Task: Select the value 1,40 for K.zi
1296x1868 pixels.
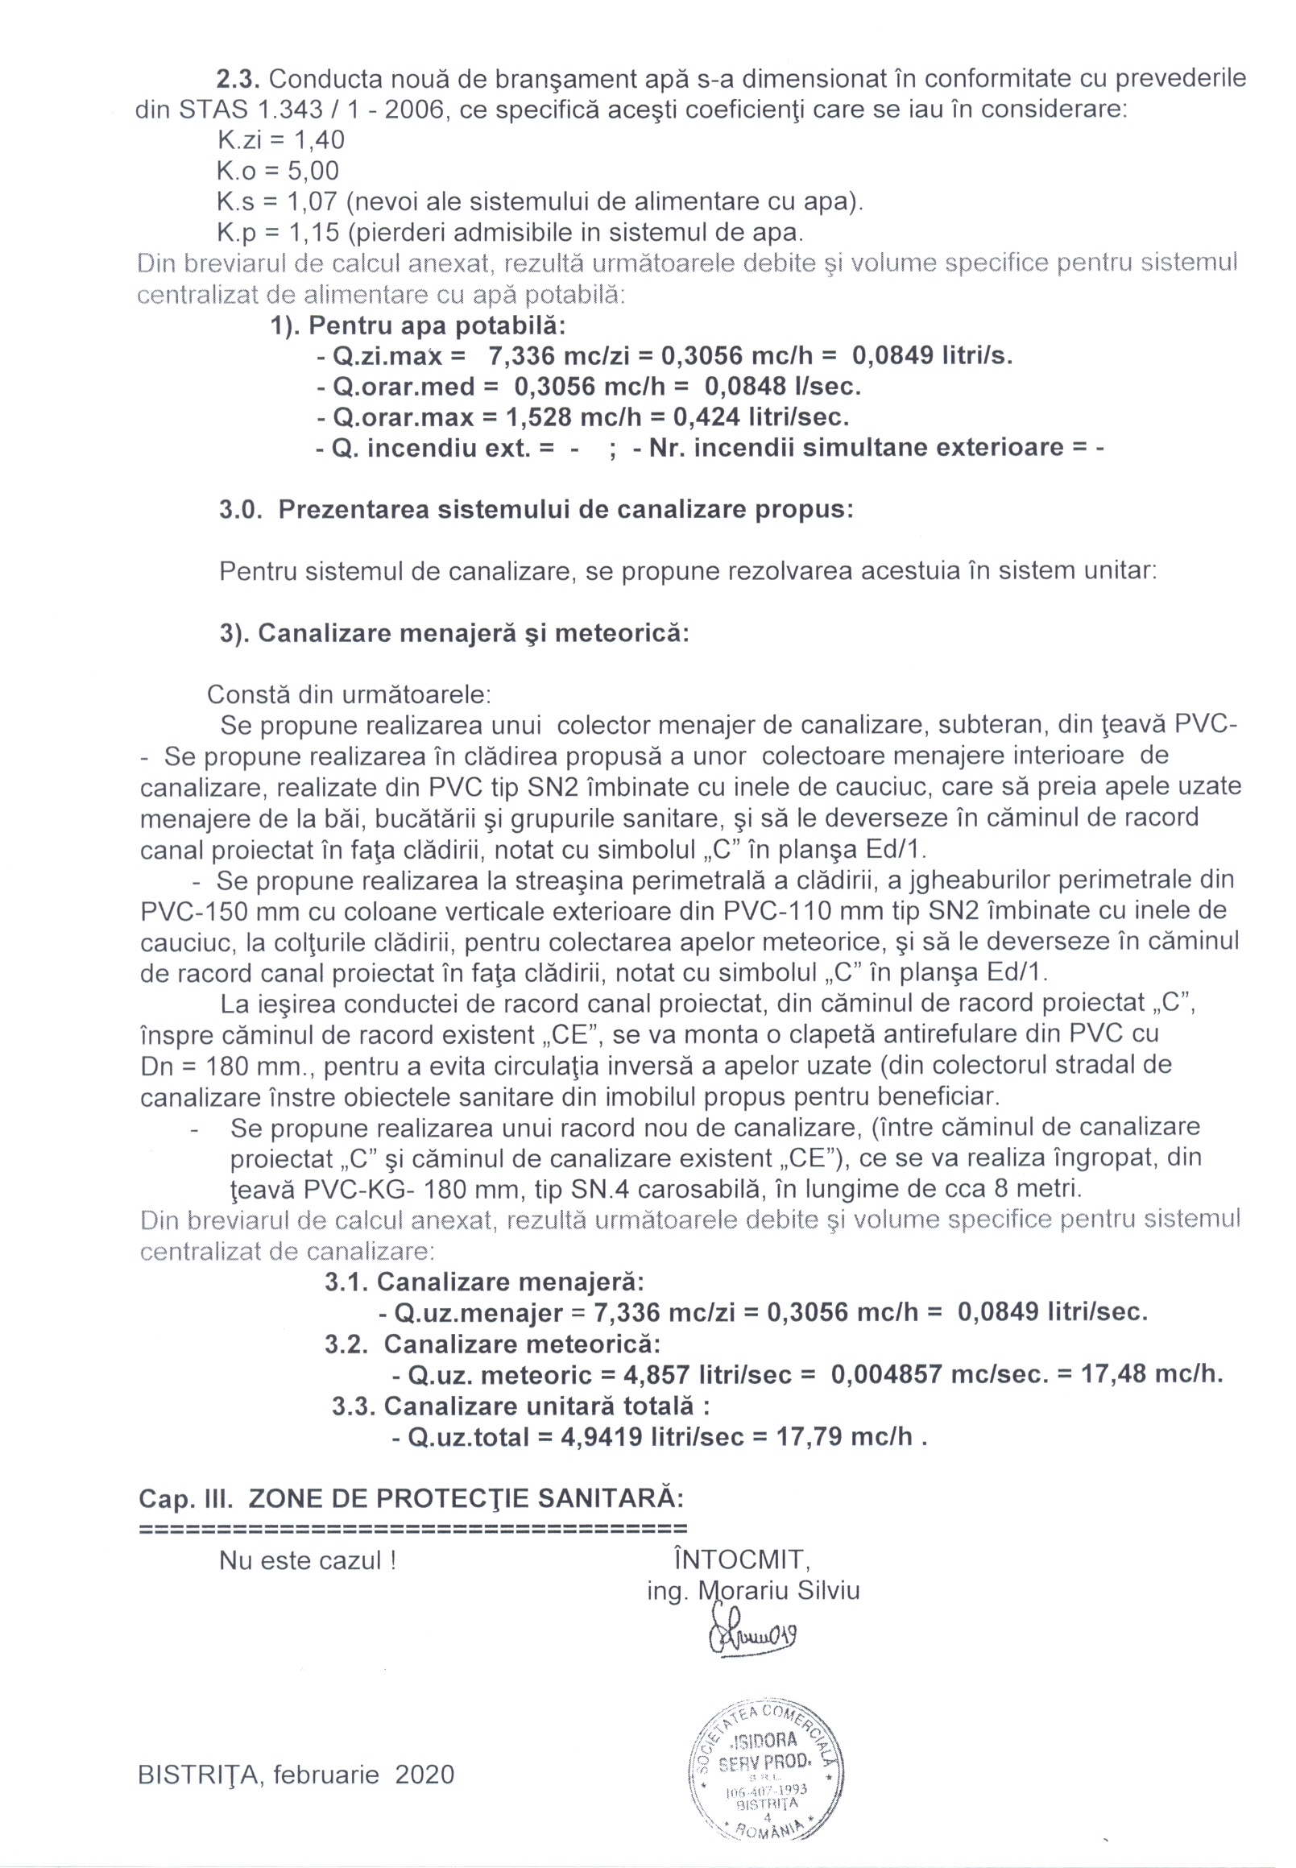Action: pos(318,140)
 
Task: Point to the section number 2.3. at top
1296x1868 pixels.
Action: pos(237,79)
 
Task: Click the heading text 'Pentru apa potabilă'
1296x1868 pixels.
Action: pos(436,325)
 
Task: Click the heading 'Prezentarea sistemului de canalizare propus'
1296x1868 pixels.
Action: pos(565,510)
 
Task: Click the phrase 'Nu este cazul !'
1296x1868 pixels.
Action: pos(308,1561)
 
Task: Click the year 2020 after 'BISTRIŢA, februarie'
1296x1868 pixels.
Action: pos(424,1775)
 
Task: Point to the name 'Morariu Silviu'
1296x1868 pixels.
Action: pos(779,1590)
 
